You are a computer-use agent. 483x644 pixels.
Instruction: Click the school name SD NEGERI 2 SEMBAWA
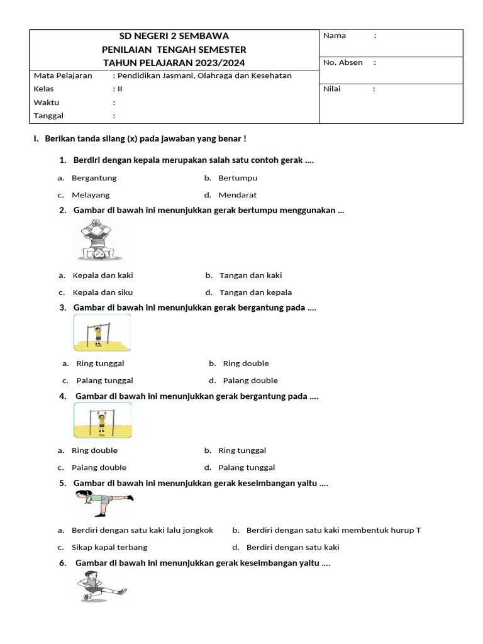click(x=174, y=36)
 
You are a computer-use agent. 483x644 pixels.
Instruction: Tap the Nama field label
click(x=335, y=36)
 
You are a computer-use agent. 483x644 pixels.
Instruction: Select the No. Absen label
click(x=343, y=62)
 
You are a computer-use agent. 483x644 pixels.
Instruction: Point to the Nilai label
click(x=331, y=89)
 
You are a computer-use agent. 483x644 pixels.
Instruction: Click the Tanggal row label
click(x=48, y=116)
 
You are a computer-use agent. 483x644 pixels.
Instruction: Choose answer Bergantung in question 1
click(x=94, y=178)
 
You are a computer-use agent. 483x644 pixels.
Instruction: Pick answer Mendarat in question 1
click(x=237, y=195)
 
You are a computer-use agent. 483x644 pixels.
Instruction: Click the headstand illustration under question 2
click(x=99, y=240)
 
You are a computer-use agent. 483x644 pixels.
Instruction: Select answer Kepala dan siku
click(x=103, y=292)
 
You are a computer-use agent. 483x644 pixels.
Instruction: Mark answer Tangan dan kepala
click(x=255, y=292)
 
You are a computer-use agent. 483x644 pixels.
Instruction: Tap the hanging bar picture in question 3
click(x=103, y=332)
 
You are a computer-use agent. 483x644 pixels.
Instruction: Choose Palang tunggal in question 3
click(x=104, y=380)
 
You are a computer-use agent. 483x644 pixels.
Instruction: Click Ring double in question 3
click(x=245, y=364)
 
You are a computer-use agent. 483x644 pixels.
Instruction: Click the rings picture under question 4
click(x=103, y=420)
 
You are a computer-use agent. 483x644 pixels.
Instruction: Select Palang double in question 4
click(x=99, y=467)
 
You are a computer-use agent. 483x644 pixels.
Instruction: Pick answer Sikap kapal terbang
click(x=109, y=547)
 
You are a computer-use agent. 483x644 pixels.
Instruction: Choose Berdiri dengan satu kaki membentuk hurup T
click(x=333, y=530)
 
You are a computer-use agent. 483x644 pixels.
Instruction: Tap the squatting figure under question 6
click(x=101, y=586)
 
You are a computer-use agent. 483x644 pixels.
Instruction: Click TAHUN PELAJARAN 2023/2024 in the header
click(x=174, y=62)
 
